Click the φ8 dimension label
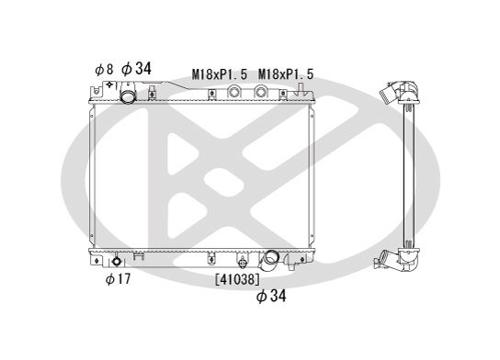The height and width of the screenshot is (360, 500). coord(104,69)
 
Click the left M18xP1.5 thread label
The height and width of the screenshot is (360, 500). coord(220,73)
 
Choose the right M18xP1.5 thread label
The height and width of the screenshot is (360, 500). coord(287,73)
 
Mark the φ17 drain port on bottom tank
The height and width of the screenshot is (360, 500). coord(118,261)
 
